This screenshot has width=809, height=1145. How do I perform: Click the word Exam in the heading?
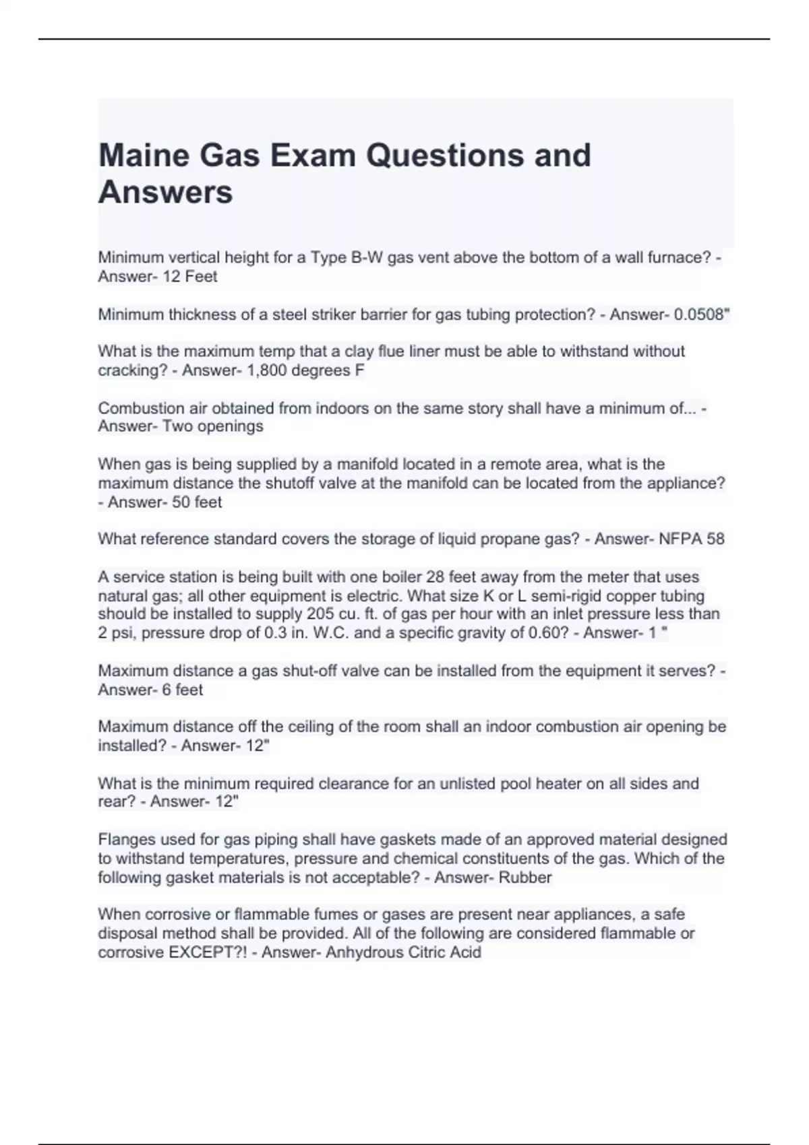[313, 156]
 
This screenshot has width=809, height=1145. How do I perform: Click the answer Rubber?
[525, 878]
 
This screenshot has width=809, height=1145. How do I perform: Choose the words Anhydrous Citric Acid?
[403, 952]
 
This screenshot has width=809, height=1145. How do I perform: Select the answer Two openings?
[213, 426]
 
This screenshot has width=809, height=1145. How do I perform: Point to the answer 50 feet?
[197, 502]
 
